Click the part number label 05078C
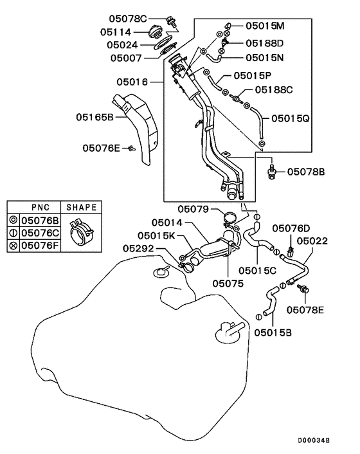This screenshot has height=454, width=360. click(x=128, y=19)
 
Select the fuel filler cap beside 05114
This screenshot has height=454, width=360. click(x=156, y=32)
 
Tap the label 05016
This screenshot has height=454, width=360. click(x=132, y=82)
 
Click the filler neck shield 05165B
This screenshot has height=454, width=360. click(x=136, y=127)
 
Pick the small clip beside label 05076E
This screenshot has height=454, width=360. click(x=132, y=149)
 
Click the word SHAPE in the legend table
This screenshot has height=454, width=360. click(x=81, y=207)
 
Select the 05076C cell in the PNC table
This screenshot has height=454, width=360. click(x=40, y=233)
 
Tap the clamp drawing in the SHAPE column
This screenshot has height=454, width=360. click(x=81, y=233)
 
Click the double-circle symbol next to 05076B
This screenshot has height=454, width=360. click(x=14, y=221)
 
